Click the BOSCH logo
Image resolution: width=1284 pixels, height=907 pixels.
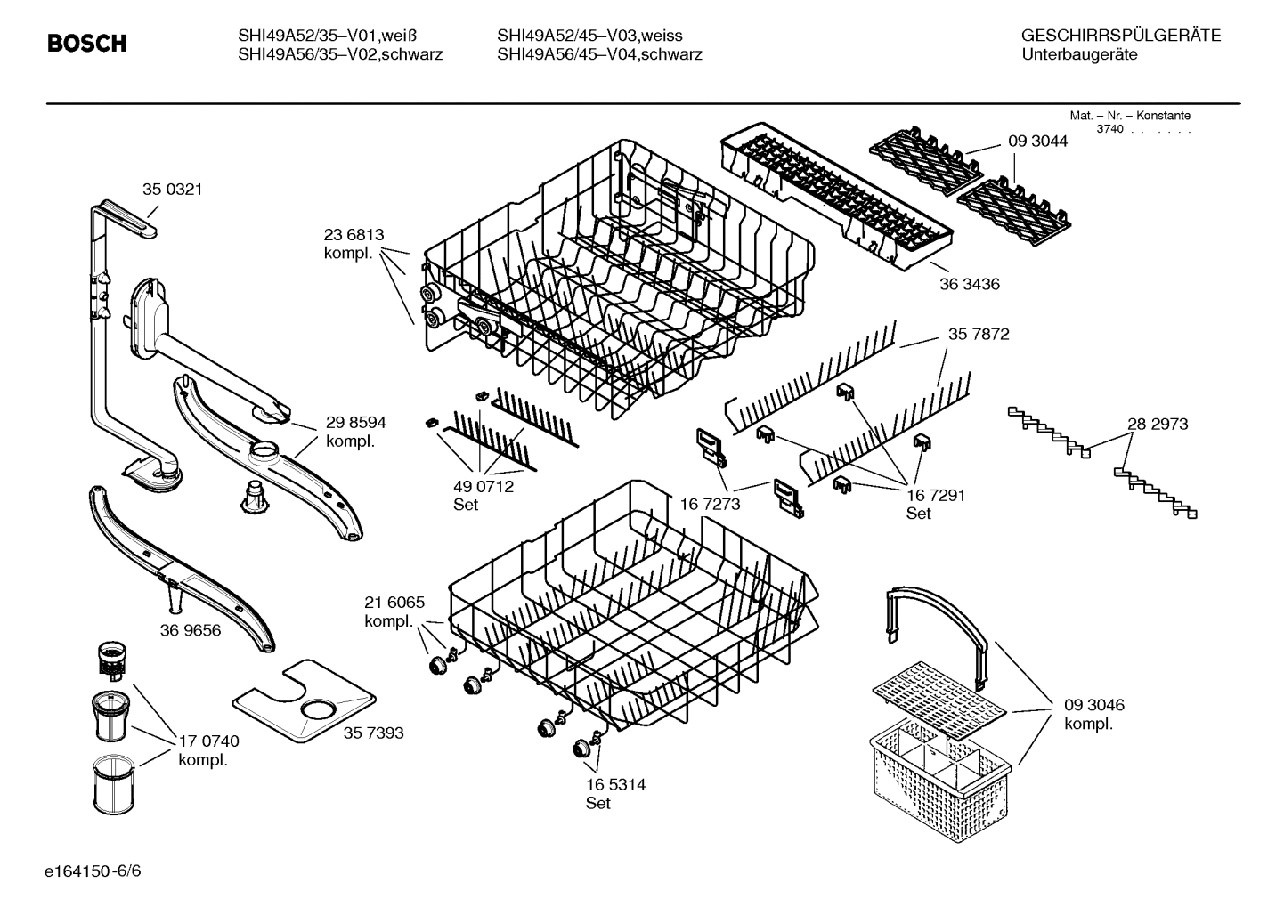pos(86,44)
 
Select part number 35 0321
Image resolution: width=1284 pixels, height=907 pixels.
pos(172,189)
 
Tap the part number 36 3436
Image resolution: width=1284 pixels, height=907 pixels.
pos(969,284)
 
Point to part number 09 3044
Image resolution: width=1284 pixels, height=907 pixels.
pos(1037,141)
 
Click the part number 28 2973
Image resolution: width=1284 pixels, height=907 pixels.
pos(1158,424)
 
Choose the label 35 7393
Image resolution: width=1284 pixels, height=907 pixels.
pos(373,733)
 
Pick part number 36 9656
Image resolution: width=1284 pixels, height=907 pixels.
pos(191,630)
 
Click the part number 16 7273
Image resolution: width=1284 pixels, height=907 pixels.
pos(710,504)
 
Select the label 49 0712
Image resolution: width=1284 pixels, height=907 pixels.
pos(484,487)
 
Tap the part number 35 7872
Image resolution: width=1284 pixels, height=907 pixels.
pos(979,334)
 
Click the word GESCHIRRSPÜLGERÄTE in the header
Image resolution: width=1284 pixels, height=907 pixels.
pos(1120,36)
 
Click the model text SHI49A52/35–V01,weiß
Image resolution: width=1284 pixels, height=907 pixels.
pos(327,36)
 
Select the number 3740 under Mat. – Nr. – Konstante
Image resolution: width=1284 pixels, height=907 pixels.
pos(1109,129)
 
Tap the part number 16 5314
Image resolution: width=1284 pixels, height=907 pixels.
pos(615,784)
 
